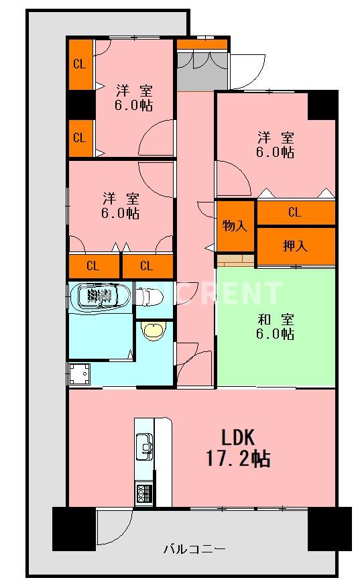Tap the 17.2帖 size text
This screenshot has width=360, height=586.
pos(237,459)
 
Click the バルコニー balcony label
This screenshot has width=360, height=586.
pos(194,549)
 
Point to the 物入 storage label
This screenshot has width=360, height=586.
pos(235,226)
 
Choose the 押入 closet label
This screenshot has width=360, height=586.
pos(295,246)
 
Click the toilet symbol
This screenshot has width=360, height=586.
pos(154,296)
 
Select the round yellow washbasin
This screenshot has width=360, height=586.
pos(154,332)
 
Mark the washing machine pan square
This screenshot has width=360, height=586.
pos(80,373)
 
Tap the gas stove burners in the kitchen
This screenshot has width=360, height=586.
pos(144,495)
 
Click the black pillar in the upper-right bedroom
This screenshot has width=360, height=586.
pos(322,105)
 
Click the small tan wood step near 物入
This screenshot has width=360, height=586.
pos(235,259)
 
